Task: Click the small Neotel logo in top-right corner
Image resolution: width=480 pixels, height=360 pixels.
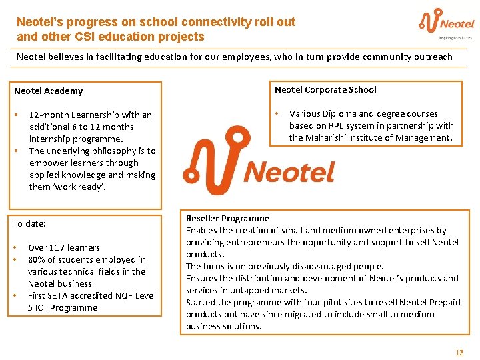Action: (446, 23)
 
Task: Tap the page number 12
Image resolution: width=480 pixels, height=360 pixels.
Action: (459, 352)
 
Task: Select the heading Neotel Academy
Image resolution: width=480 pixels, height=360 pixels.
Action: (48, 91)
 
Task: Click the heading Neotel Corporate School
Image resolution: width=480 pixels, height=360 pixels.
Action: (325, 89)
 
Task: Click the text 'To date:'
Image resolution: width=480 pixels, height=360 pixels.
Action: (29, 223)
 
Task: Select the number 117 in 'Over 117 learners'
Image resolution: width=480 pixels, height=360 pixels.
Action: (58, 247)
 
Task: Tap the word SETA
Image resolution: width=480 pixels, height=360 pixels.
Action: (59, 295)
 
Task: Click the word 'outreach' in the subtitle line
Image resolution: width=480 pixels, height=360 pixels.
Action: (433, 57)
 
